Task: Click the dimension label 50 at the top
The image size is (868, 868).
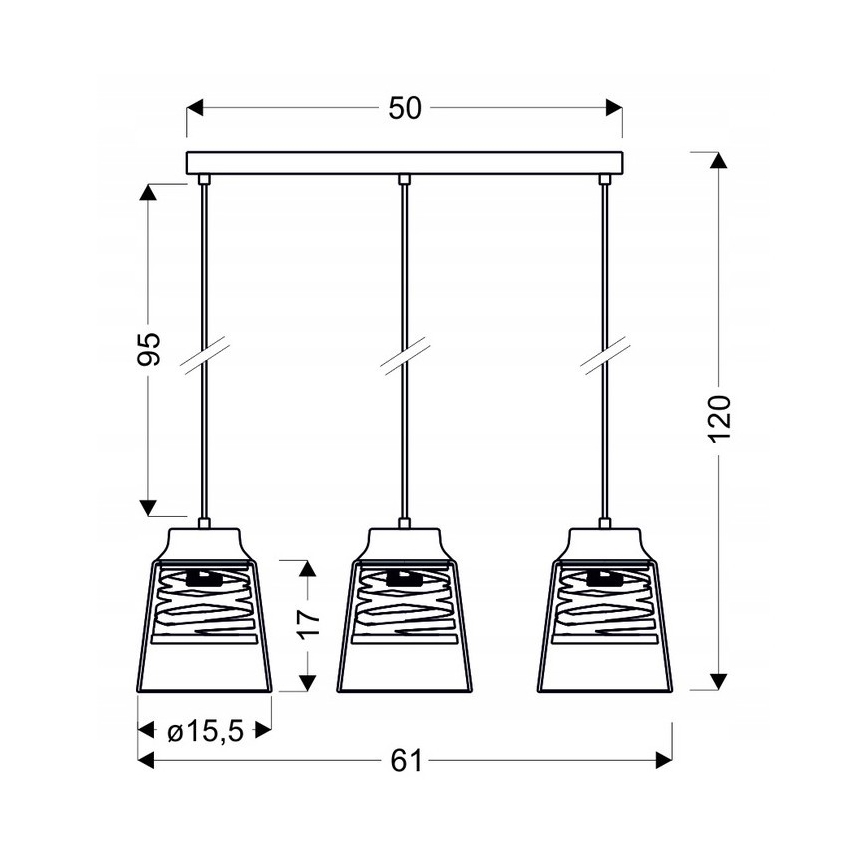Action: [404, 109]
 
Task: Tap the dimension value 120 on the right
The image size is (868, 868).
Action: [720, 419]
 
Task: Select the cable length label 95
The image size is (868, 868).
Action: [148, 349]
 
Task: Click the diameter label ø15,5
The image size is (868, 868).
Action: [206, 731]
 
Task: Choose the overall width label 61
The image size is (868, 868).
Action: [404, 762]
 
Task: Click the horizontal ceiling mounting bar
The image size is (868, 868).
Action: [404, 162]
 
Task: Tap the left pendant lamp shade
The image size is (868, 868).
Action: [204, 620]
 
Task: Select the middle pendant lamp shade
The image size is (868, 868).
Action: [404, 620]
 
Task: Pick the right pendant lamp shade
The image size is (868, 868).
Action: [604, 620]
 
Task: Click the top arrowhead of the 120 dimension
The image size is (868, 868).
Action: [717, 161]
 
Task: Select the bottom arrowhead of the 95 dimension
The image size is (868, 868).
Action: [148, 508]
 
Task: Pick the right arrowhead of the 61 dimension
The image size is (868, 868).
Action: [662, 762]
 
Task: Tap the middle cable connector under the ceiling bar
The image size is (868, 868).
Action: [404, 180]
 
